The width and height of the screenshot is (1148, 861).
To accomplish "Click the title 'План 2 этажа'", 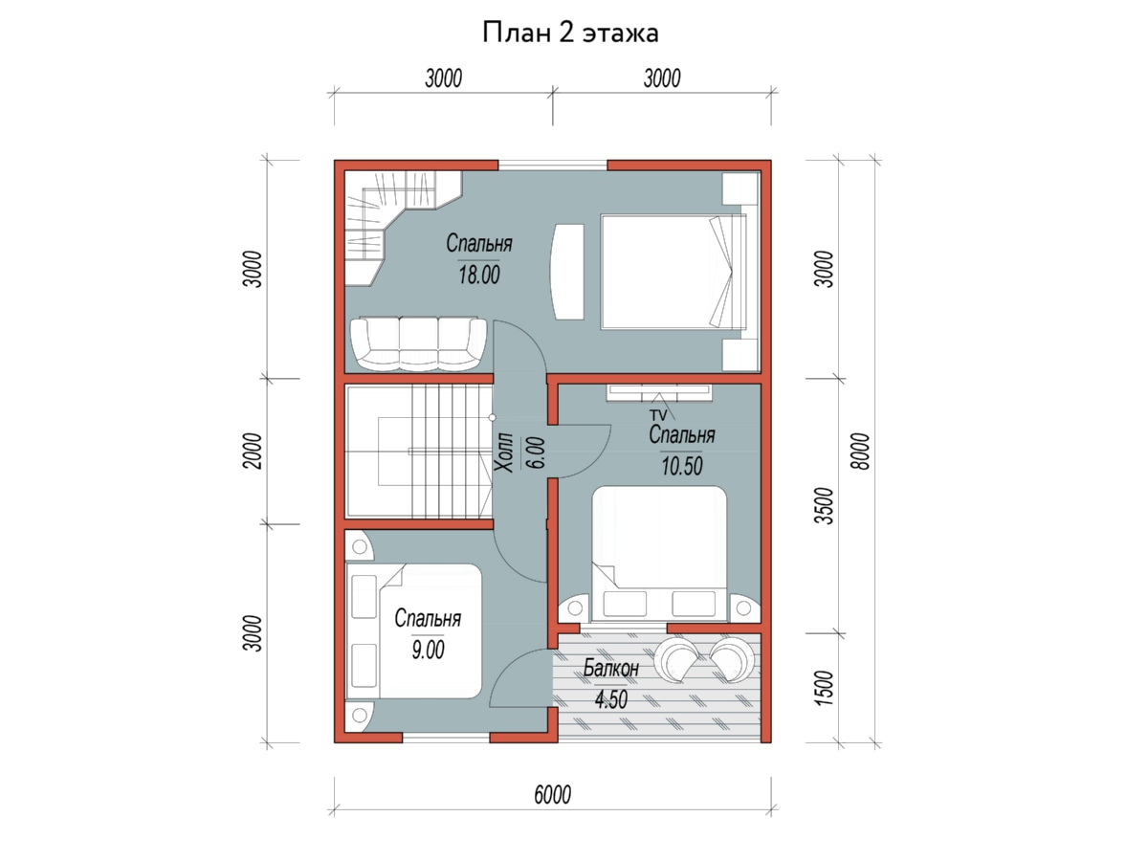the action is pyautogui.click(x=570, y=33).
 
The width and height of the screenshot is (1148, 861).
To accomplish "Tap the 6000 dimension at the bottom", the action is pyautogui.click(x=552, y=795).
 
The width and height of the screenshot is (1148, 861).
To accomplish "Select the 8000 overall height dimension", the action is pyautogui.click(x=860, y=452).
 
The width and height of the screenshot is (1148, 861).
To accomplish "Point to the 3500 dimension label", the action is pyautogui.click(x=824, y=505).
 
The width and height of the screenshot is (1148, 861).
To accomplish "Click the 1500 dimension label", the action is pyautogui.click(x=824, y=688).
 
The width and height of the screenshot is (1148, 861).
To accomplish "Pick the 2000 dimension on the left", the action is pyautogui.click(x=253, y=451).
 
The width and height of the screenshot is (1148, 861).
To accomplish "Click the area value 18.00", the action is pyautogui.click(x=479, y=275).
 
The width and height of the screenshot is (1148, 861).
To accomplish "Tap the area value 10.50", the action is pyautogui.click(x=681, y=466).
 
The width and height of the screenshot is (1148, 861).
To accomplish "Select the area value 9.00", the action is pyautogui.click(x=428, y=650).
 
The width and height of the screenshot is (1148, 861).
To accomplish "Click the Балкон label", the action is pyautogui.click(x=611, y=668).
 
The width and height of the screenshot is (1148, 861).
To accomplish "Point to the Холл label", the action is pyautogui.click(x=507, y=452).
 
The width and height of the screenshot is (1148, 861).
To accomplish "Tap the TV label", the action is pyautogui.click(x=658, y=415).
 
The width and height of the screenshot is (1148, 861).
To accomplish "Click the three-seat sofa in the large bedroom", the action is pyautogui.click(x=418, y=343).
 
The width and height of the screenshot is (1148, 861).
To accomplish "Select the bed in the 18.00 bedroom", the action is pyautogui.click(x=673, y=272).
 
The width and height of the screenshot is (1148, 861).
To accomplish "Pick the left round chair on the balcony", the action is pyautogui.click(x=676, y=659).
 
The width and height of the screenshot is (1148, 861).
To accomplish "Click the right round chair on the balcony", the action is pyautogui.click(x=732, y=659).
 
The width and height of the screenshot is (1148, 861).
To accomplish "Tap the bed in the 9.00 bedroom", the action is pyautogui.click(x=414, y=631).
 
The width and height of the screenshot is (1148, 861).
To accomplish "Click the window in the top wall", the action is pyautogui.click(x=552, y=166).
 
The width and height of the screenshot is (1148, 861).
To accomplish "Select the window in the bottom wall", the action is pyautogui.click(x=446, y=738).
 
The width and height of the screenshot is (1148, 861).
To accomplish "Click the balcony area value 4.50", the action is pyautogui.click(x=611, y=699).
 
